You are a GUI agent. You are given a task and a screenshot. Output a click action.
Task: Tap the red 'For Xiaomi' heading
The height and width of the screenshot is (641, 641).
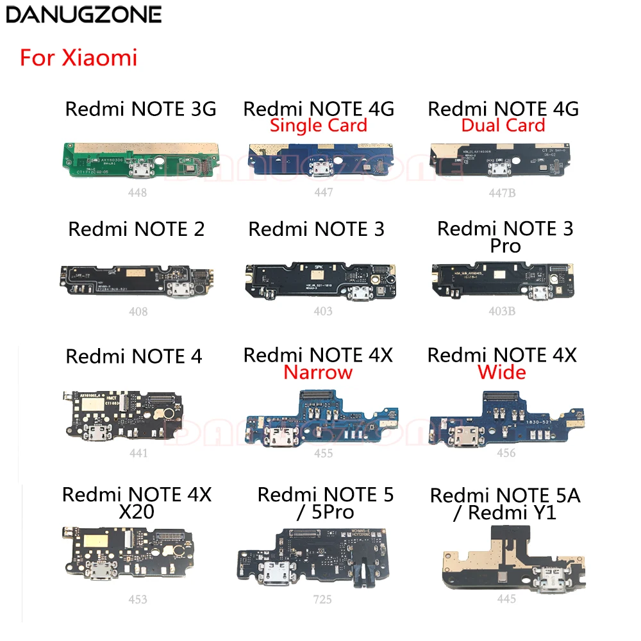79,58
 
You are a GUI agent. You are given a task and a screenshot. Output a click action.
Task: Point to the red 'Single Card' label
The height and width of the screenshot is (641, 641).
319,125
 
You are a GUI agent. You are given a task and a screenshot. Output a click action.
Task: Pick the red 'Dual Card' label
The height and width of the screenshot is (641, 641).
503,125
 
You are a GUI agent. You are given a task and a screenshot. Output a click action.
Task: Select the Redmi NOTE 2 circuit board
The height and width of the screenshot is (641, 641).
136,282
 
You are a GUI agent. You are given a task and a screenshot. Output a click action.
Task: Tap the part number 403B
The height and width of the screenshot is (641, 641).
506,312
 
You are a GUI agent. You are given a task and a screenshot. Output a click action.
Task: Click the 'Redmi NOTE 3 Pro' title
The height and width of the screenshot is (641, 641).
505,237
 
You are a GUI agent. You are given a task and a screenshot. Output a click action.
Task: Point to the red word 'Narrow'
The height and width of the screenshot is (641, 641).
319,372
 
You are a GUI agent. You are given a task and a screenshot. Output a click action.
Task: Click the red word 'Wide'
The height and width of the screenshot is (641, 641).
503,372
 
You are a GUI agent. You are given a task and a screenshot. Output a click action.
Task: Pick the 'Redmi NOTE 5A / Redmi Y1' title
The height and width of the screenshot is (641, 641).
505,504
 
